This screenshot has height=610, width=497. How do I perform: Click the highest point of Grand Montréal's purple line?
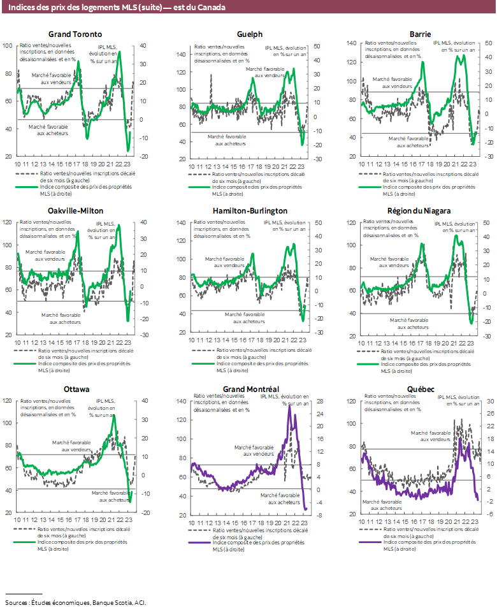289,407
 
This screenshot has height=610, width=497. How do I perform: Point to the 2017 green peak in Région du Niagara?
422,243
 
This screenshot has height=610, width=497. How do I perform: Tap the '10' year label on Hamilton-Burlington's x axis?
191,342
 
